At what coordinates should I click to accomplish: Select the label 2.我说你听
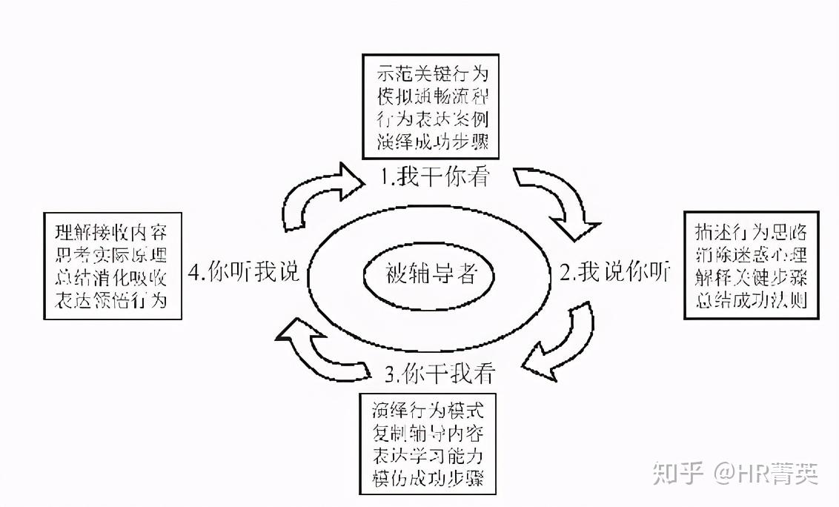[x=614, y=274]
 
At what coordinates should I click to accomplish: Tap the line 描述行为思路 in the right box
[x=749, y=231]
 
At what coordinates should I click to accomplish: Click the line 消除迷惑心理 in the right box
[x=749, y=254]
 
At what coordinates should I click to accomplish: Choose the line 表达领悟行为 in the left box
[x=110, y=300]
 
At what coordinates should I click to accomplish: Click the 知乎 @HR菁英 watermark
[x=734, y=471]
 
